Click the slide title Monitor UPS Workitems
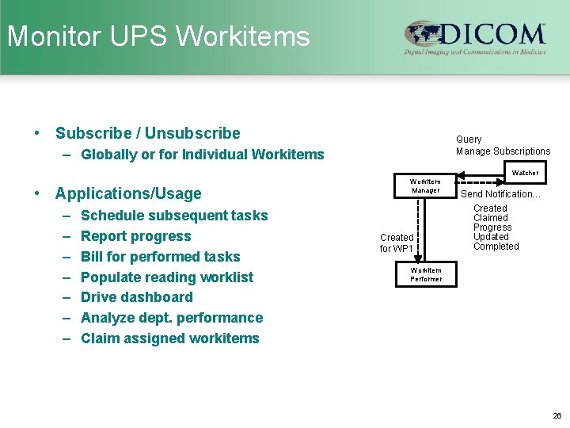158,36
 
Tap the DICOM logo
475,37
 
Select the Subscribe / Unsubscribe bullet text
147,133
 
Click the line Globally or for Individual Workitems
202,155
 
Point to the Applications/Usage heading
128,193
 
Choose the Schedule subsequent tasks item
174,216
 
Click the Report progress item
135,236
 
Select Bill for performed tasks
160,257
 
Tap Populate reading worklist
167,277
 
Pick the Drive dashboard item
136,297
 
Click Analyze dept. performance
172,318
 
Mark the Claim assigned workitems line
169,338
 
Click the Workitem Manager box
425,186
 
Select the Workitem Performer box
425,275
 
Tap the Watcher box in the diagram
525,173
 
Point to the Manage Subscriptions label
503,151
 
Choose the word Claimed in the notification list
491,218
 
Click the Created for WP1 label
396,243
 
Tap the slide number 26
557,415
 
